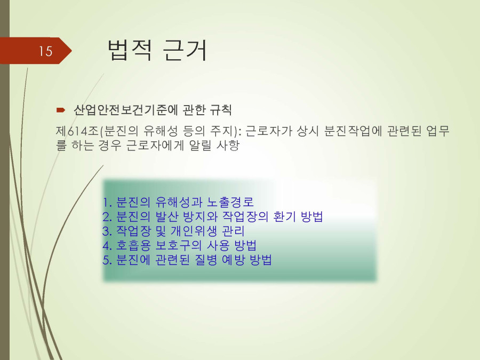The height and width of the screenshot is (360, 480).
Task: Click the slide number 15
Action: tap(45, 51)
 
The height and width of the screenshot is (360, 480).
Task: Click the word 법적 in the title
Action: tap(130, 50)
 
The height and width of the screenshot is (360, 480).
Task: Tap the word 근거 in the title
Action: tap(185, 50)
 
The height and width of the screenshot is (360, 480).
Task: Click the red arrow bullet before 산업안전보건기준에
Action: tap(61, 110)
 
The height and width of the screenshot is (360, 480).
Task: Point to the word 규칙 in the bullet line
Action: tap(220, 110)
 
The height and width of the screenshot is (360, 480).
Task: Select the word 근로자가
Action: tap(268, 131)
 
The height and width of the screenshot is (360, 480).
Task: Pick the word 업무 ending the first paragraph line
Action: tap(438, 131)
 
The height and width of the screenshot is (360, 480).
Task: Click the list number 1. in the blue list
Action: tap(107, 202)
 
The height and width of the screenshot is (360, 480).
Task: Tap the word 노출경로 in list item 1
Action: tap(230, 202)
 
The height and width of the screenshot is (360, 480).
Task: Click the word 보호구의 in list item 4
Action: tap(179, 245)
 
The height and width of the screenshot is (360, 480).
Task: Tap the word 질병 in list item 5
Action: tap(206, 260)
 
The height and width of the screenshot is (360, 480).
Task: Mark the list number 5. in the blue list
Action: tap(107, 260)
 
